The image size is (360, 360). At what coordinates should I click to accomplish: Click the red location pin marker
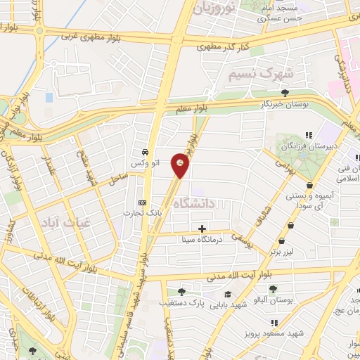pyautogui.click(x=181, y=165)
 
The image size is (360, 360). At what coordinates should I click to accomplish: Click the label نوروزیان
pyautogui.click(x=215, y=9)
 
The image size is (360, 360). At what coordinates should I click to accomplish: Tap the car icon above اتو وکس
pyautogui.click(x=145, y=152)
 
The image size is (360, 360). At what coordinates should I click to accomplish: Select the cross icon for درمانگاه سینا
pyautogui.click(x=202, y=229)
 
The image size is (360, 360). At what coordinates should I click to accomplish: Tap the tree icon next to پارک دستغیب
pyautogui.click(x=182, y=292)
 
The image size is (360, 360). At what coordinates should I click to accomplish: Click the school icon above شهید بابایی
pyautogui.click(x=227, y=295)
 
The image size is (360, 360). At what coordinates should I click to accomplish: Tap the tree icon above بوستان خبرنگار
pyautogui.click(x=284, y=93)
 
